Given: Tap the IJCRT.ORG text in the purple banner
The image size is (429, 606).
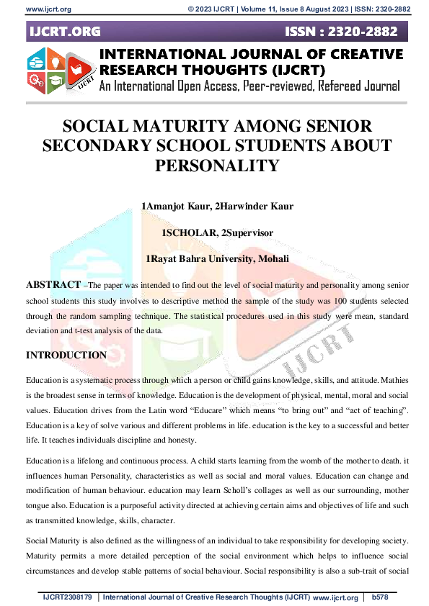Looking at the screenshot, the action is point(65,32).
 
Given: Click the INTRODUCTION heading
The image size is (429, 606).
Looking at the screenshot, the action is point(66,356).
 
